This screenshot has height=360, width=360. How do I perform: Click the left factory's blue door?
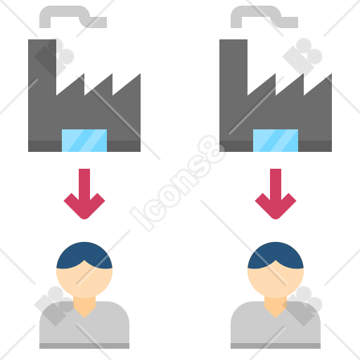click(x=84, y=141)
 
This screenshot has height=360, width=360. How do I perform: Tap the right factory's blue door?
click(x=276, y=141)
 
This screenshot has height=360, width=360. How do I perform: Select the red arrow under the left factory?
click(x=84, y=194)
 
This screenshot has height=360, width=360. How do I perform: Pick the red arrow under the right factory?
click(x=276, y=194)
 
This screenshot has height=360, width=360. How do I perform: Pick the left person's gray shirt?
click(x=84, y=330)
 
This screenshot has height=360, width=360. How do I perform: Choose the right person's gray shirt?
click(x=276, y=330)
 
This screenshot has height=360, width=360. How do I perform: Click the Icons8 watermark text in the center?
click(x=177, y=183)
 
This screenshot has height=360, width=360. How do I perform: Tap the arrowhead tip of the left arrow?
click(x=84, y=219)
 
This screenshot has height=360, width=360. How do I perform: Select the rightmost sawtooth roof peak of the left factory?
click(x=140, y=74)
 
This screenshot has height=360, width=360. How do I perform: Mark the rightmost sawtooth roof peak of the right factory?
click(x=331, y=74)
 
